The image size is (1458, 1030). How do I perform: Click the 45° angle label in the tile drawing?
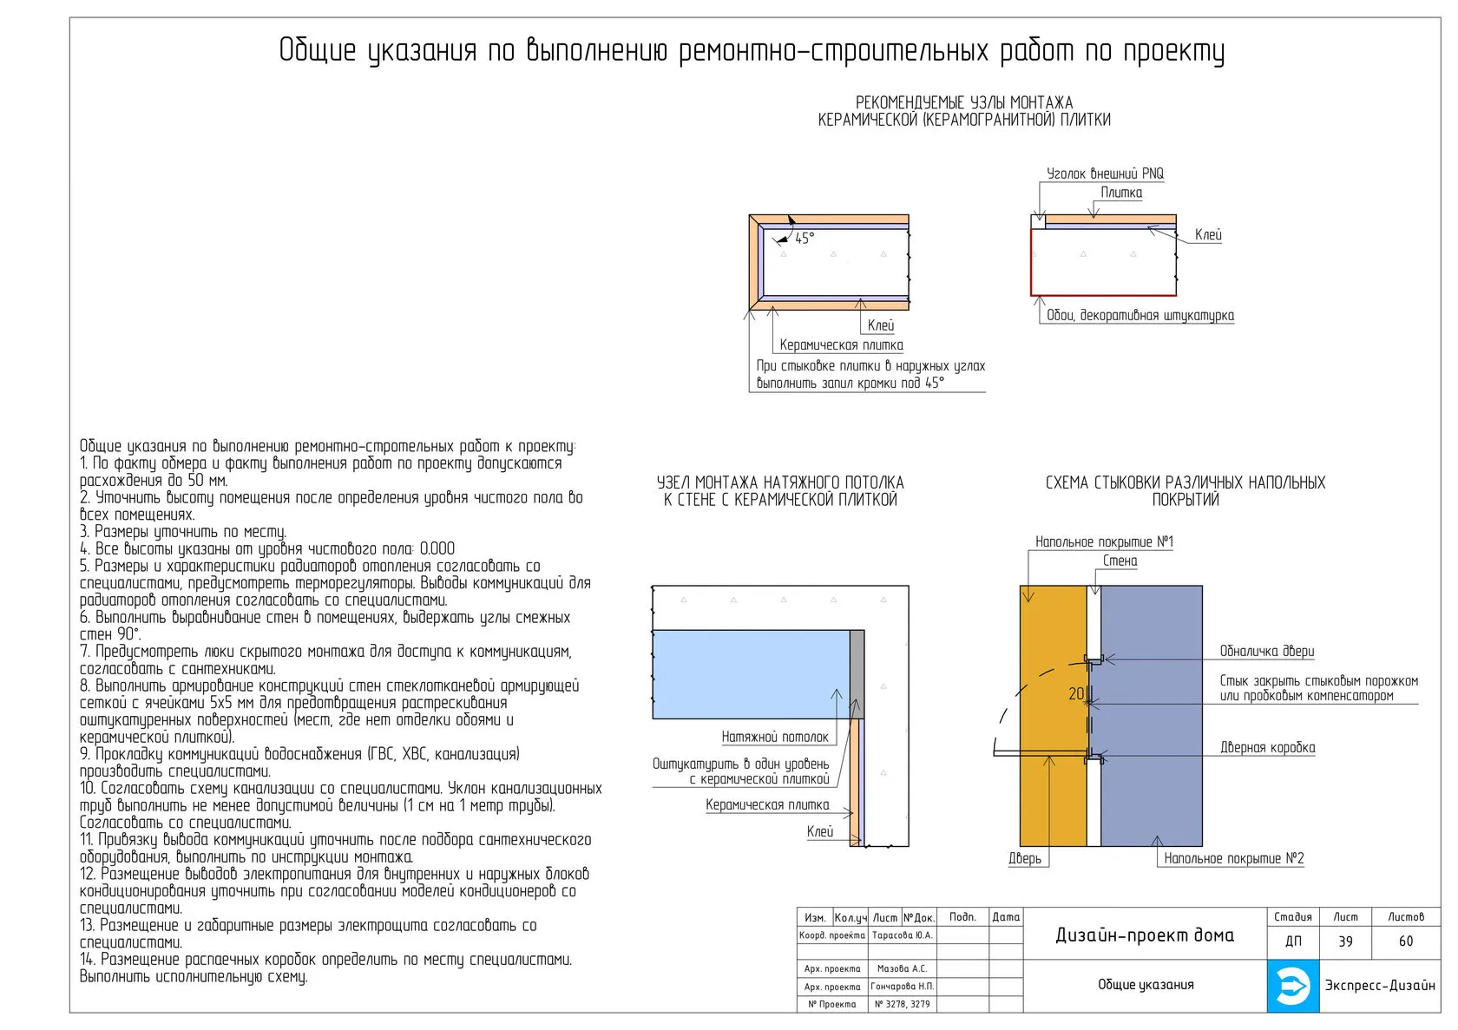point(805,239)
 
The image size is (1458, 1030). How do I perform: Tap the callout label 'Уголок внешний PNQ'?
point(1105,174)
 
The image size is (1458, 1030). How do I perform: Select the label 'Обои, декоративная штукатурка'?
point(1139,316)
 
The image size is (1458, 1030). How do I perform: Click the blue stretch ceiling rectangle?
point(750,674)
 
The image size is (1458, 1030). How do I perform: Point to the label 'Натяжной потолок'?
point(775,738)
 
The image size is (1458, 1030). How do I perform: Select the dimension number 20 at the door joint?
point(1076,694)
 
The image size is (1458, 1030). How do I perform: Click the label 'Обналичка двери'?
point(1267,652)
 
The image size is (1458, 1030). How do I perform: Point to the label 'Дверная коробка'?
point(1268,748)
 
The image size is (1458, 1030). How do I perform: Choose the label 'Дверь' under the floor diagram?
point(1025,859)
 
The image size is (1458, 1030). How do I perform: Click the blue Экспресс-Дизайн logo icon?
point(1293,986)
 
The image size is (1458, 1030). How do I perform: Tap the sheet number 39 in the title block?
point(1345,941)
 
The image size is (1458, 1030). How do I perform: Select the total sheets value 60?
point(1406,941)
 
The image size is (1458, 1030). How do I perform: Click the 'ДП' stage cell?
point(1293,941)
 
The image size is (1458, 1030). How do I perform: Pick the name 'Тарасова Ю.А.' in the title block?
point(903,935)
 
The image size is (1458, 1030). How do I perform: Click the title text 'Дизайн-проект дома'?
point(1145,935)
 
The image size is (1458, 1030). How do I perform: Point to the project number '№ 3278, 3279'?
point(903,1004)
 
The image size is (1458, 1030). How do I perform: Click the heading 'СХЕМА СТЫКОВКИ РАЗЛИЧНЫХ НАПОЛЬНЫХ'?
point(1185,483)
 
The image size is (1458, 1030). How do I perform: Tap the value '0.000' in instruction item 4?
point(437,549)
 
